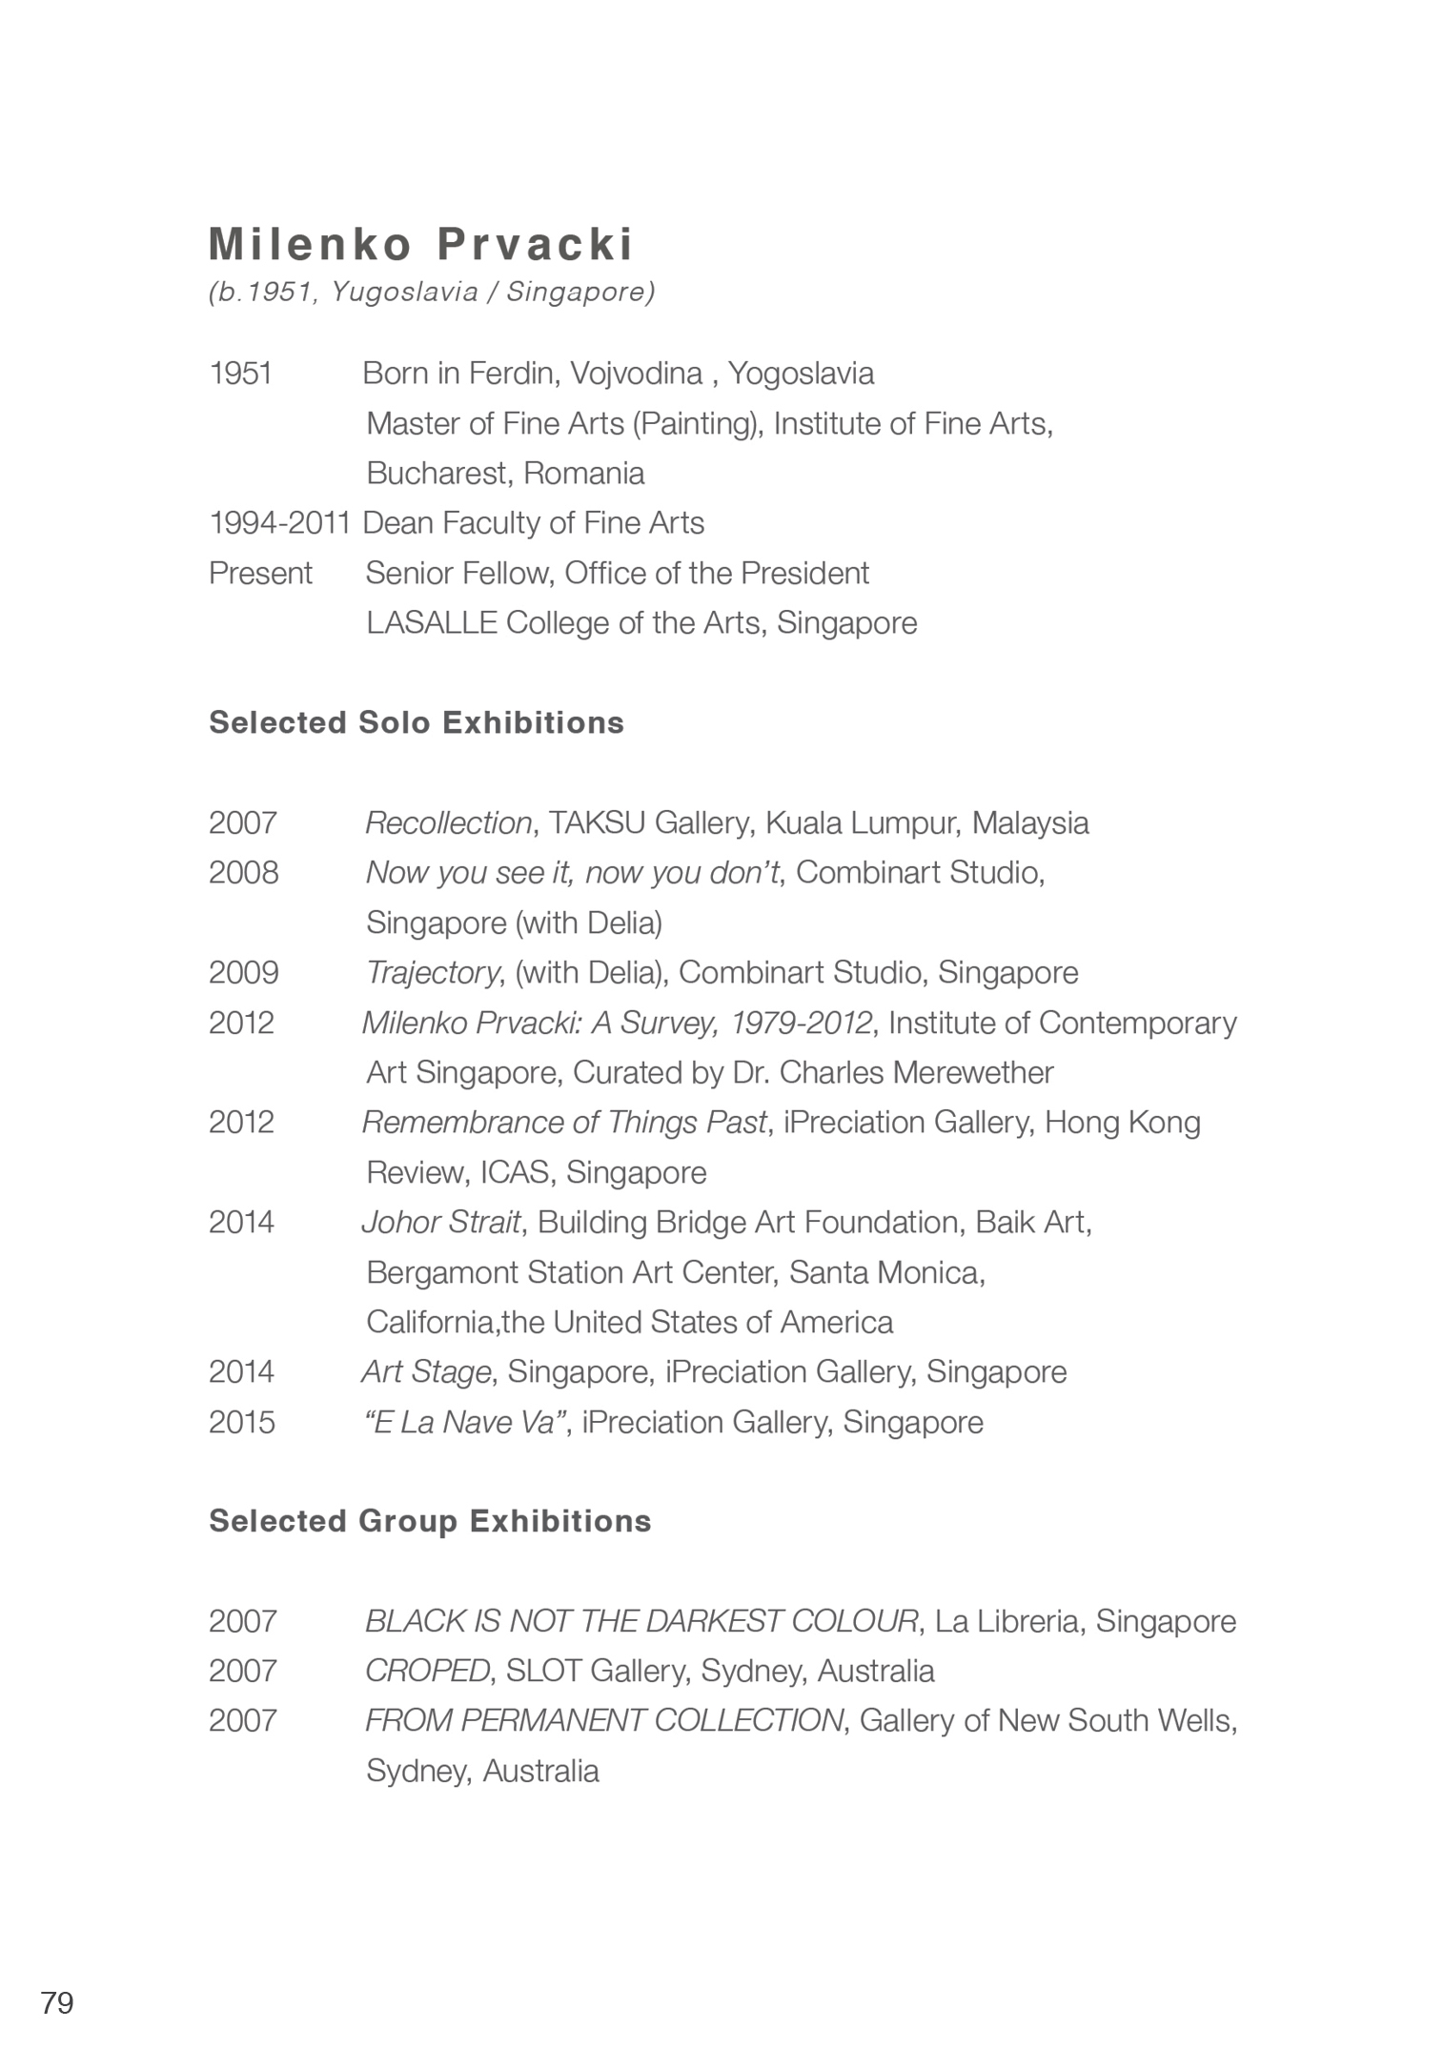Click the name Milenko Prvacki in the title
coord(420,244)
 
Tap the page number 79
coord(57,2002)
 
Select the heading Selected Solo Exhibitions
coord(417,722)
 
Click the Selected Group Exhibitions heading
coord(430,1520)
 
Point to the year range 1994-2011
coord(280,522)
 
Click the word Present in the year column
coord(260,573)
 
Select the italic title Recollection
coord(448,822)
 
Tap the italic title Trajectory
coord(432,972)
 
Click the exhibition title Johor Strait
coord(441,1222)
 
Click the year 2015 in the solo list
coord(242,1422)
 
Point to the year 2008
coord(243,872)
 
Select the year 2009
coord(243,972)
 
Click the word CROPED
coord(427,1671)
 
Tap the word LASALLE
coord(432,622)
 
